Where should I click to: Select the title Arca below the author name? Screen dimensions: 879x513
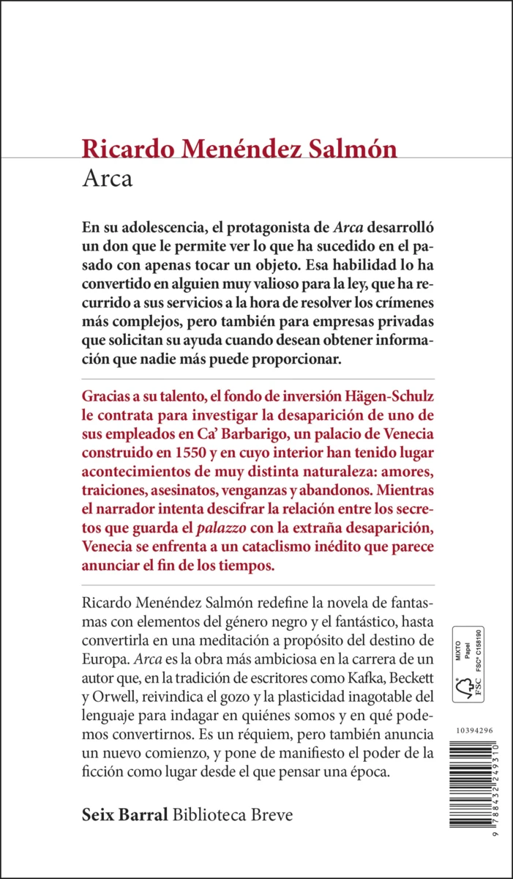(x=108, y=179)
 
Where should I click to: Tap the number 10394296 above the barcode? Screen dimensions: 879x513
(x=474, y=730)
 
